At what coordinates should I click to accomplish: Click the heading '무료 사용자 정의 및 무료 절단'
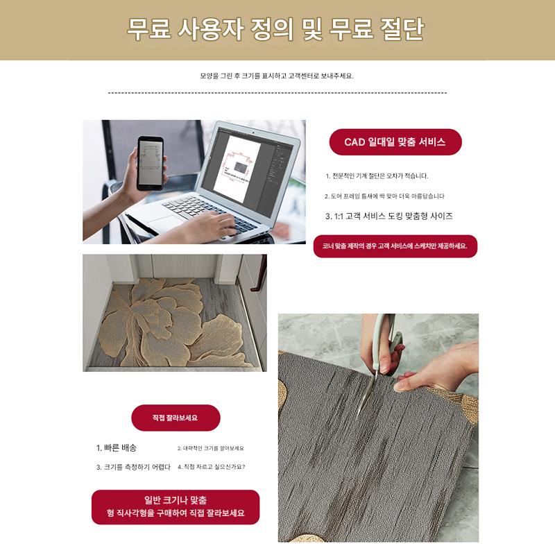coord(275,29)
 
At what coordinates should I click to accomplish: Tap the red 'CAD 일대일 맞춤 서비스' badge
coord(395,142)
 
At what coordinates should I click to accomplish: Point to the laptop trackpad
coord(166,222)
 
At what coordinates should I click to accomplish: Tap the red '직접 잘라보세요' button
coord(176,418)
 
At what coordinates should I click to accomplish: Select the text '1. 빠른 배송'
coord(116,447)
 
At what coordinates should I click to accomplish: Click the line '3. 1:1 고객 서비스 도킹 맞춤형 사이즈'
coord(389,216)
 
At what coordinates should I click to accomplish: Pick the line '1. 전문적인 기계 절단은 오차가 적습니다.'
coord(377,176)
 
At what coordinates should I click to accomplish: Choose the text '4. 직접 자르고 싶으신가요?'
coord(212,467)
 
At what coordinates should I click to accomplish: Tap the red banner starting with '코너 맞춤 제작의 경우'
coord(395,246)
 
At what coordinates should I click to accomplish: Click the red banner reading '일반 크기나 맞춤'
coord(176,507)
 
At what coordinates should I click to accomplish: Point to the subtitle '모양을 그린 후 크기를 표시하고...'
coord(277,76)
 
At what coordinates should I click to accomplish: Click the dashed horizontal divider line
coord(277,93)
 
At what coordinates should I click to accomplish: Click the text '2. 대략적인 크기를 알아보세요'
coord(211,448)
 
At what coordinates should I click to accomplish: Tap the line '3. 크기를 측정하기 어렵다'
coord(133,467)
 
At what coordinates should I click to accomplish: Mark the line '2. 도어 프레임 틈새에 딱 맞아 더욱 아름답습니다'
coord(384,196)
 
